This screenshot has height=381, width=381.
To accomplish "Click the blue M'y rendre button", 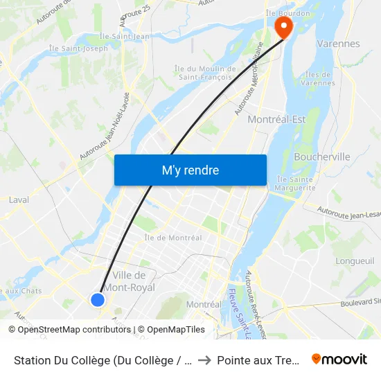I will [190, 170].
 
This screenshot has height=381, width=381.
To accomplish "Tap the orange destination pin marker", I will [283, 27].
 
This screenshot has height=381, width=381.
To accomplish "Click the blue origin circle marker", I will [98, 299].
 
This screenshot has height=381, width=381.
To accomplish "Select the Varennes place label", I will [337, 44].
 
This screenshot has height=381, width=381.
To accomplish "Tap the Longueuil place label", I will [354, 261].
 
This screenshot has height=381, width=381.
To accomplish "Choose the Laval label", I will [19, 200].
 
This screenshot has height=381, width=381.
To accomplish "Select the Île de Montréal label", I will [173, 238].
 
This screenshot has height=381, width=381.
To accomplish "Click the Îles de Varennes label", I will [319, 79].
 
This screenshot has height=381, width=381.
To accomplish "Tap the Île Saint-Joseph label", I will [78, 48].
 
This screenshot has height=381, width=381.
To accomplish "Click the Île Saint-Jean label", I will [125, 36].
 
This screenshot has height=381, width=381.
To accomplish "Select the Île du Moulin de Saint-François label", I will [204, 73].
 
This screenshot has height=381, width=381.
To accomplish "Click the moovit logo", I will [339, 359].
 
